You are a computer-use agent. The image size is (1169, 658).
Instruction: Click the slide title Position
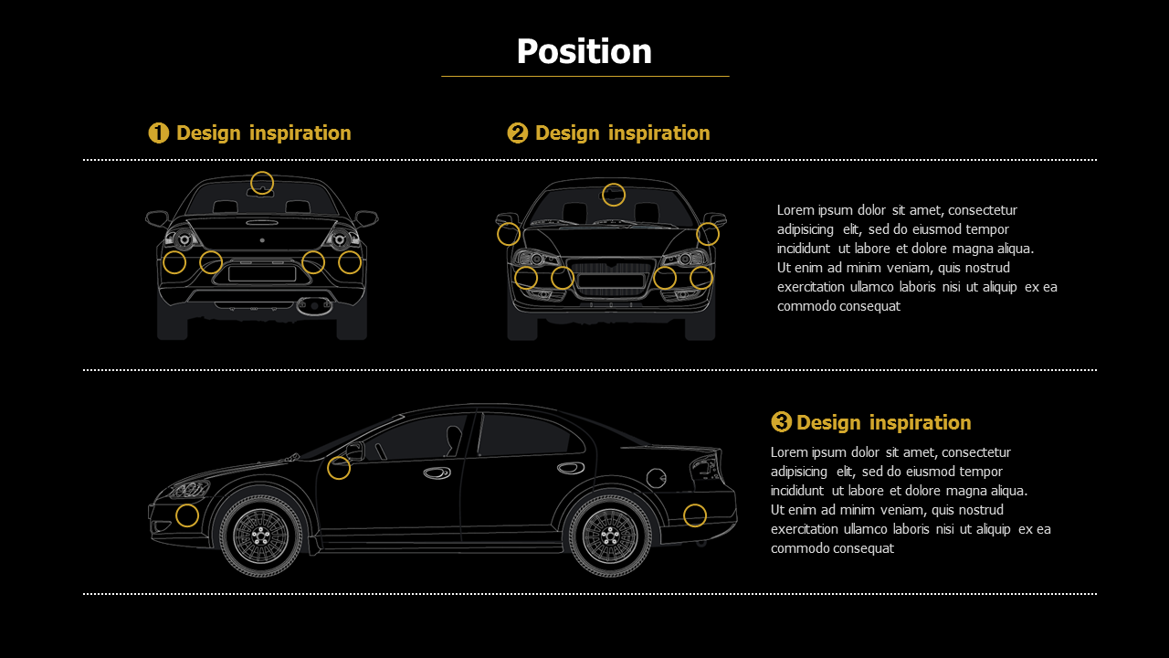(584, 51)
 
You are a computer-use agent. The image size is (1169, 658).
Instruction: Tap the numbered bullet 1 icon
(158, 133)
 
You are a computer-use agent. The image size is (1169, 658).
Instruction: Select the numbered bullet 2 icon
(517, 133)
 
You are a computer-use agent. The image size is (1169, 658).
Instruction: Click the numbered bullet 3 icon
(781, 422)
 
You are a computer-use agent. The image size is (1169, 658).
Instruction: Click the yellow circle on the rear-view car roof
(262, 183)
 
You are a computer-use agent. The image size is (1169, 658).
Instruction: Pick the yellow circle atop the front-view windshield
(614, 195)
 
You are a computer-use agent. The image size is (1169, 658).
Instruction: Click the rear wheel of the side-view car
(610, 536)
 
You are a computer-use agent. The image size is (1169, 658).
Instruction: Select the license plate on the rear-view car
(262, 273)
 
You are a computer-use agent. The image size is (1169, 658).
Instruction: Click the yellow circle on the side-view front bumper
(187, 515)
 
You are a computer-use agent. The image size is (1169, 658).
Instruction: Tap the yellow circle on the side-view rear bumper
(695, 515)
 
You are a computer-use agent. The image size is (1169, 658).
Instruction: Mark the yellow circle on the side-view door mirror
(339, 468)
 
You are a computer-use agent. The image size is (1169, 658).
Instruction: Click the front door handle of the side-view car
(437, 472)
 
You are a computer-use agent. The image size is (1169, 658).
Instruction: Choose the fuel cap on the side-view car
(656, 477)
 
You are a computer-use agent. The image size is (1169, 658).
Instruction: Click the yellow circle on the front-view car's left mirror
(509, 235)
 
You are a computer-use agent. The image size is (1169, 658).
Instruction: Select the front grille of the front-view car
(611, 280)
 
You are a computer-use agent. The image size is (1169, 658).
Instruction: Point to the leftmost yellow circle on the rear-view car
(174, 262)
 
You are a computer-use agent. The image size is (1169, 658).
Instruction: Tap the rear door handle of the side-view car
(571, 468)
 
